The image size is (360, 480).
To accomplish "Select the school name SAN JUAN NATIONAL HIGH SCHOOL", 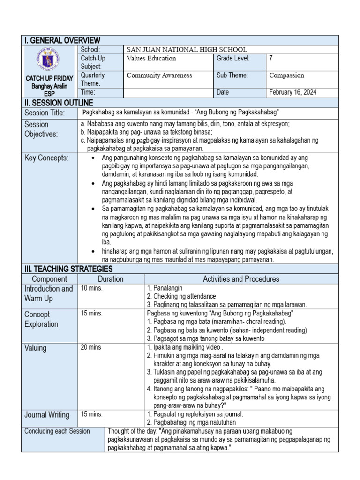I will point(187,50).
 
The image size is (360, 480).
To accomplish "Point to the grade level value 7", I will point(271,59).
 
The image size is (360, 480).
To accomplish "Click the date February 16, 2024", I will point(292,92).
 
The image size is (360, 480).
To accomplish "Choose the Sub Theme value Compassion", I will point(286,75).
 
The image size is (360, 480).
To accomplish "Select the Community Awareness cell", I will point(159,75).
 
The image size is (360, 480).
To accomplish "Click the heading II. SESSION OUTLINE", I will point(59,103).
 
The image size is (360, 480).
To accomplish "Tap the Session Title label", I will point(45,113).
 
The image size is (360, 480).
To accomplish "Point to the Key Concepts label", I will point(46,158).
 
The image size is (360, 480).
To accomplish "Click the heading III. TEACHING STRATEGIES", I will point(68,269).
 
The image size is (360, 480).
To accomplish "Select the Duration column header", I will point(111,279).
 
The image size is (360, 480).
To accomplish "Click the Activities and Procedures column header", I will point(241,279).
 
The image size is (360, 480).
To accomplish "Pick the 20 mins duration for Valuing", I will point(91,347).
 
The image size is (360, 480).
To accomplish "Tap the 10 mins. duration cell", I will point(92,288).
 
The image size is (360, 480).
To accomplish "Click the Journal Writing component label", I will point(46,415).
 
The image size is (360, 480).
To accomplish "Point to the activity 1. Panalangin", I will point(165,288).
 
